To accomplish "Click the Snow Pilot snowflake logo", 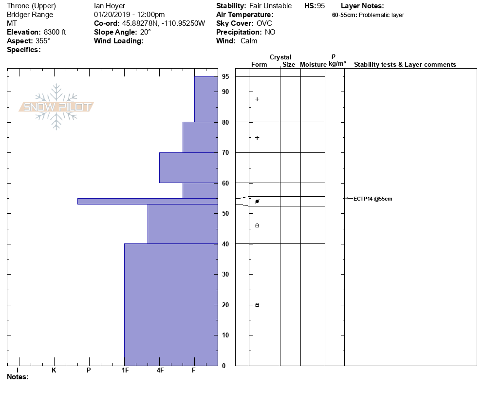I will click(x=56, y=107).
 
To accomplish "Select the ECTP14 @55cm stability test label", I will click(x=372, y=199).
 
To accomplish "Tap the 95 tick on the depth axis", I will click(x=225, y=76).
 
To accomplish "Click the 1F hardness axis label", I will click(x=125, y=371).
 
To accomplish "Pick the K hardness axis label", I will click(x=54, y=371).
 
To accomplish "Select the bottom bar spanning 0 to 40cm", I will click(x=170, y=304).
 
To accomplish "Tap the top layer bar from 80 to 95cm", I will click(x=205, y=99).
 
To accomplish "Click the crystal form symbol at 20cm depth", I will click(x=257, y=305).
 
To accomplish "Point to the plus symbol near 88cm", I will click(x=257, y=99).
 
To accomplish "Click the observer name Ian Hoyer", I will click(x=110, y=6).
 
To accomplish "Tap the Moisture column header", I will click(x=313, y=65).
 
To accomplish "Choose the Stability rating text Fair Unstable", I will click(x=270, y=6).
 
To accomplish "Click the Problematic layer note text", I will click(x=381, y=15).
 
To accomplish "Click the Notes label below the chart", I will click(x=18, y=377).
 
